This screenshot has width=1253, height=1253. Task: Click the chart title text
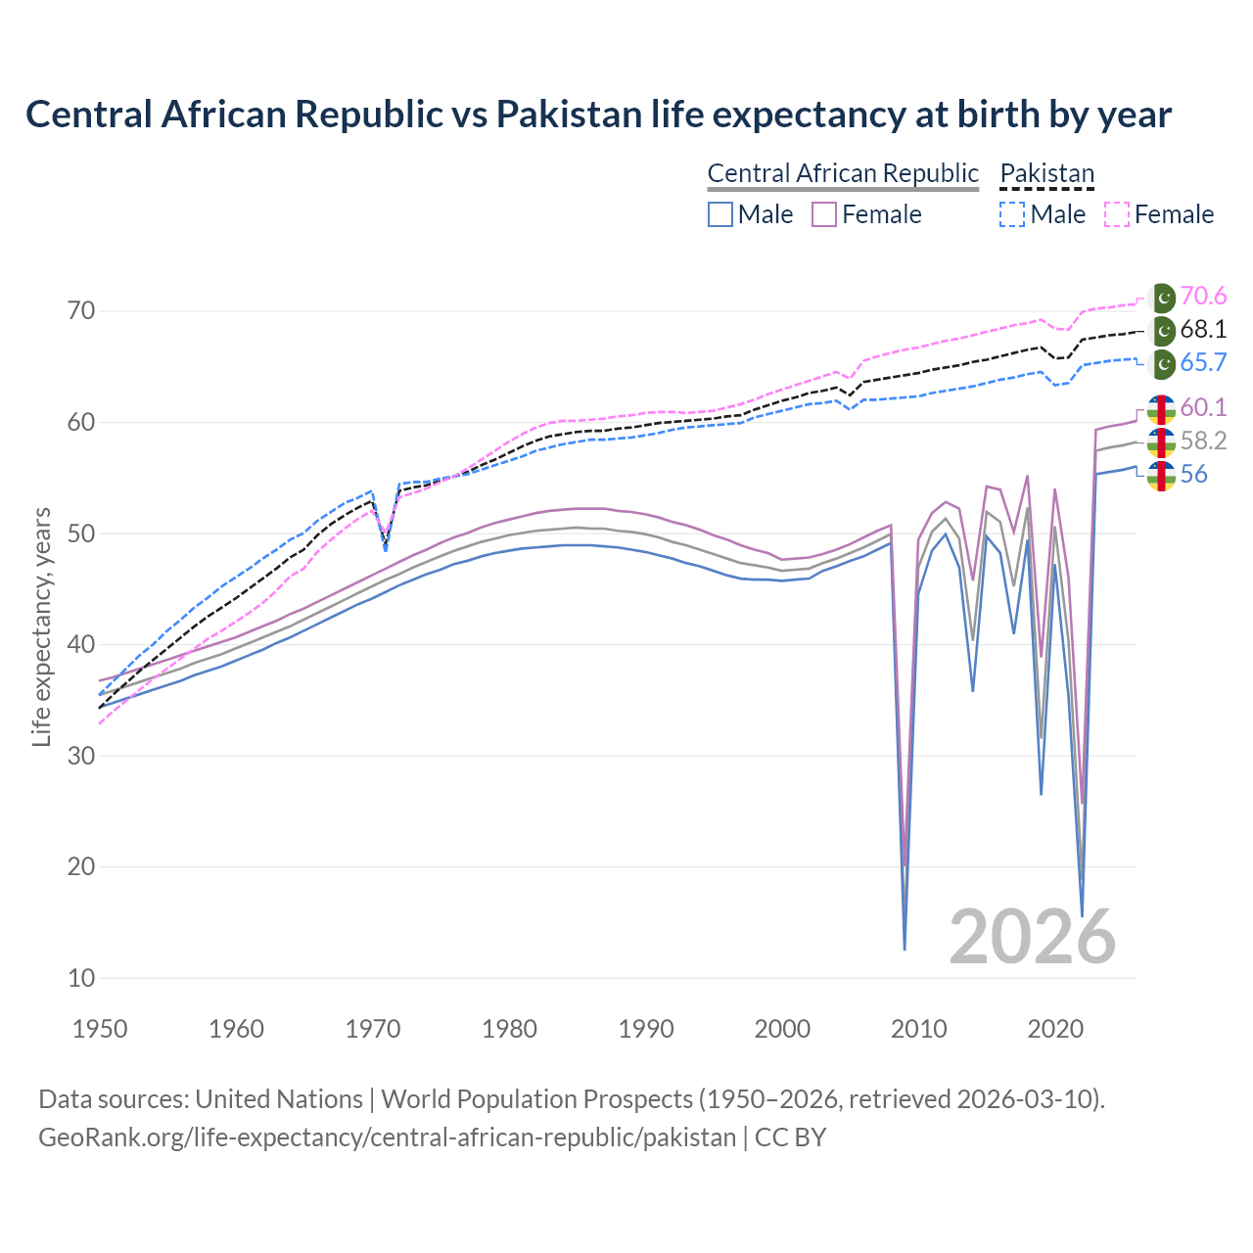point(598,115)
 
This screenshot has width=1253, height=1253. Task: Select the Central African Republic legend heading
point(843,173)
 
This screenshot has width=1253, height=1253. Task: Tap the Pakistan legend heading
point(1046,173)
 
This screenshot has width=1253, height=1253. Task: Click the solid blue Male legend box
point(720,214)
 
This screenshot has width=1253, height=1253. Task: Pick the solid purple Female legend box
point(824,214)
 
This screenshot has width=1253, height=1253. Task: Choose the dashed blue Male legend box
point(1012,214)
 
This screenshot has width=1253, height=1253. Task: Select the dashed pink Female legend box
point(1117,214)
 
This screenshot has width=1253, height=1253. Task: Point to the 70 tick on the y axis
point(81,311)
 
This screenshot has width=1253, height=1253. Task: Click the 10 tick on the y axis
point(81,978)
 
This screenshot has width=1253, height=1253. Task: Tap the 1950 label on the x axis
point(101,1029)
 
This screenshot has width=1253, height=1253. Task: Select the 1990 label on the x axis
point(646,1029)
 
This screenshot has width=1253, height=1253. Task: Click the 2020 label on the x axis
point(1055,1029)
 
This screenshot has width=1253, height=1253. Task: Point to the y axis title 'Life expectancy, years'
point(41,626)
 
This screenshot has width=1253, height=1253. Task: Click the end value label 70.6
point(1203,296)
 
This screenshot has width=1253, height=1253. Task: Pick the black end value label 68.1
point(1203,329)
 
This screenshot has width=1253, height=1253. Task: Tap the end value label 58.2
point(1203,441)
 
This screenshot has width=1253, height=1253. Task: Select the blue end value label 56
point(1194,474)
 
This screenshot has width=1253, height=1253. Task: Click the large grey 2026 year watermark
point(1033,937)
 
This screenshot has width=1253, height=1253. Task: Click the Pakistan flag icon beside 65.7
point(1162,363)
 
